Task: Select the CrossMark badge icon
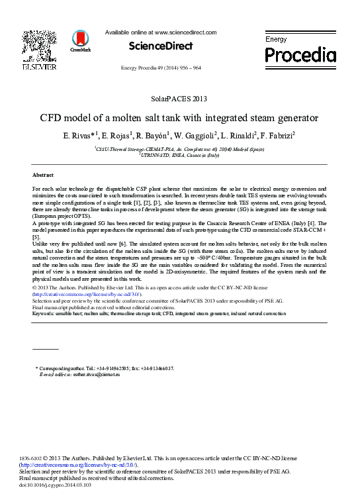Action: [x=81, y=42]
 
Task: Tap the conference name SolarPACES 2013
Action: [x=179, y=99]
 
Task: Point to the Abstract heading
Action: [x=42, y=175]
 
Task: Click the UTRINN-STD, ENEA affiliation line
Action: [x=181, y=156]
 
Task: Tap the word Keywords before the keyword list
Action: [x=44, y=313]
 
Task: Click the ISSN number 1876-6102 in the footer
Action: [x=28, y=459]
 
